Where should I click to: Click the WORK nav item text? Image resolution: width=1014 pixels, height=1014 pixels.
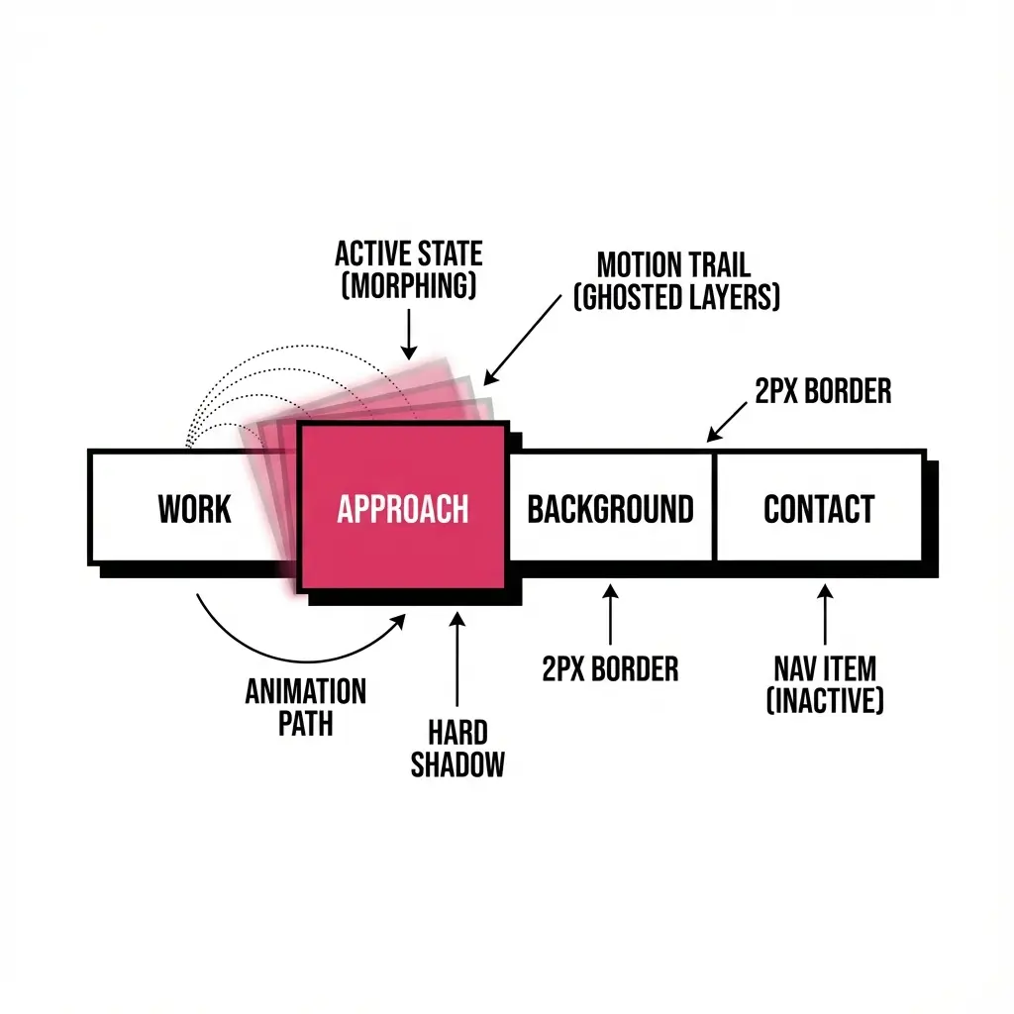pos(194,509)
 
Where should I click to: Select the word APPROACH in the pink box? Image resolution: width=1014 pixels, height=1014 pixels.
pos(402,509)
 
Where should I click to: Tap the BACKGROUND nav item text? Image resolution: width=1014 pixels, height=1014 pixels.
pos(610,509)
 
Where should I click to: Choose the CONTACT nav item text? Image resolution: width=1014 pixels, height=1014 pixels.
pos(819,509)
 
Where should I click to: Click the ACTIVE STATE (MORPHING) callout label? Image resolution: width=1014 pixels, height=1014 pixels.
pos(408,269)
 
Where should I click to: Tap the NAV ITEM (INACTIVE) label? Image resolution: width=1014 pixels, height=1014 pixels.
pos(825,683)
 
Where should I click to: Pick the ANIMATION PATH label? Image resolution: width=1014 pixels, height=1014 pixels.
pos(305,706)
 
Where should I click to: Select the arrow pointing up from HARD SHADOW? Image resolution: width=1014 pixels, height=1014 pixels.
pos(457,659)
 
